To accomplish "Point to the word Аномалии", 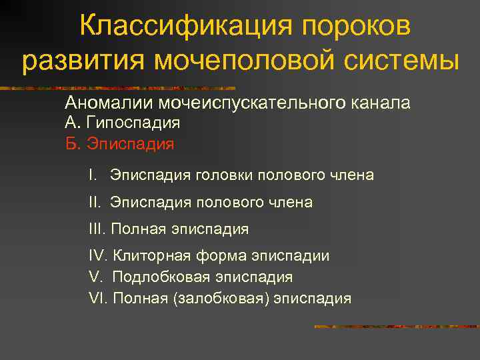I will click(109, 103).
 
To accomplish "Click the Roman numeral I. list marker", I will click(93, 175).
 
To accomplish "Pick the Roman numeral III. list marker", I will click(97, 229).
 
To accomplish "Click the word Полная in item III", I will click(139, 229).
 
